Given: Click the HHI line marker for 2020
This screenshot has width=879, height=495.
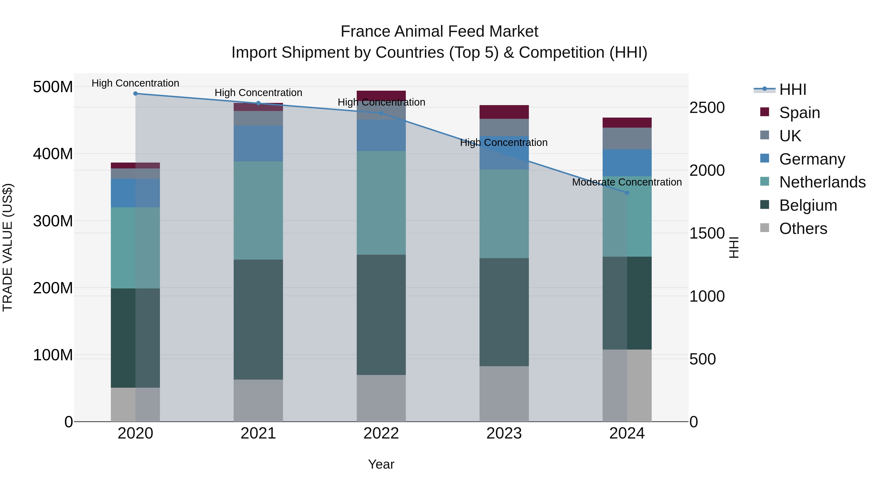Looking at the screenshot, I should click(136, 94).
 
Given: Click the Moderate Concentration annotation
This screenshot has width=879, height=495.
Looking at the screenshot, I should click(627, 182).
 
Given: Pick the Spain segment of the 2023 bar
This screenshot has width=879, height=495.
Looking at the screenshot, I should click(504, 112).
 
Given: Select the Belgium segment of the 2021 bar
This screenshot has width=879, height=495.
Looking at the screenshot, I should click(258, 319).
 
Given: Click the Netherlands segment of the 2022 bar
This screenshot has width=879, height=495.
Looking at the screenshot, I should click(381, 203).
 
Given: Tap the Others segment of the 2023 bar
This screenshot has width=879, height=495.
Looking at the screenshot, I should click(504, 394).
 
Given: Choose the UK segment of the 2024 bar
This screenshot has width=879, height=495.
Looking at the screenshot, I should click(627, 139).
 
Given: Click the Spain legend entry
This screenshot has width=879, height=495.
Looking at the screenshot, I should click(799, 113).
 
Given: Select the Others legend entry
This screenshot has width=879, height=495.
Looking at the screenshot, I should click(803, 229).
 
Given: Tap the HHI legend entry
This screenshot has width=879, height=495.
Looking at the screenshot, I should click(792, 89).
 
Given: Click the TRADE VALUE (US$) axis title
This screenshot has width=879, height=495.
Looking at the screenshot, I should click(8, 248).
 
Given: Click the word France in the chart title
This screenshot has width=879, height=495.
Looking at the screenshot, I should click(365, 32).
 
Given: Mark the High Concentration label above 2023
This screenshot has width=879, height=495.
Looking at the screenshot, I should click(504, 143).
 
